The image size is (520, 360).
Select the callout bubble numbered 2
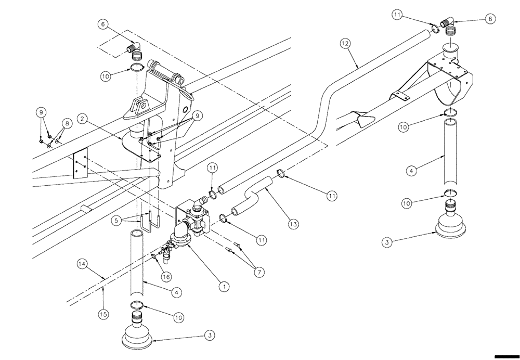(82, 119)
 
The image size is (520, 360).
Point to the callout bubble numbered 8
(66, 124)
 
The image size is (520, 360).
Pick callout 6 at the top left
(103, 23)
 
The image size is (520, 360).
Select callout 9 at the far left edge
(40, 111)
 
